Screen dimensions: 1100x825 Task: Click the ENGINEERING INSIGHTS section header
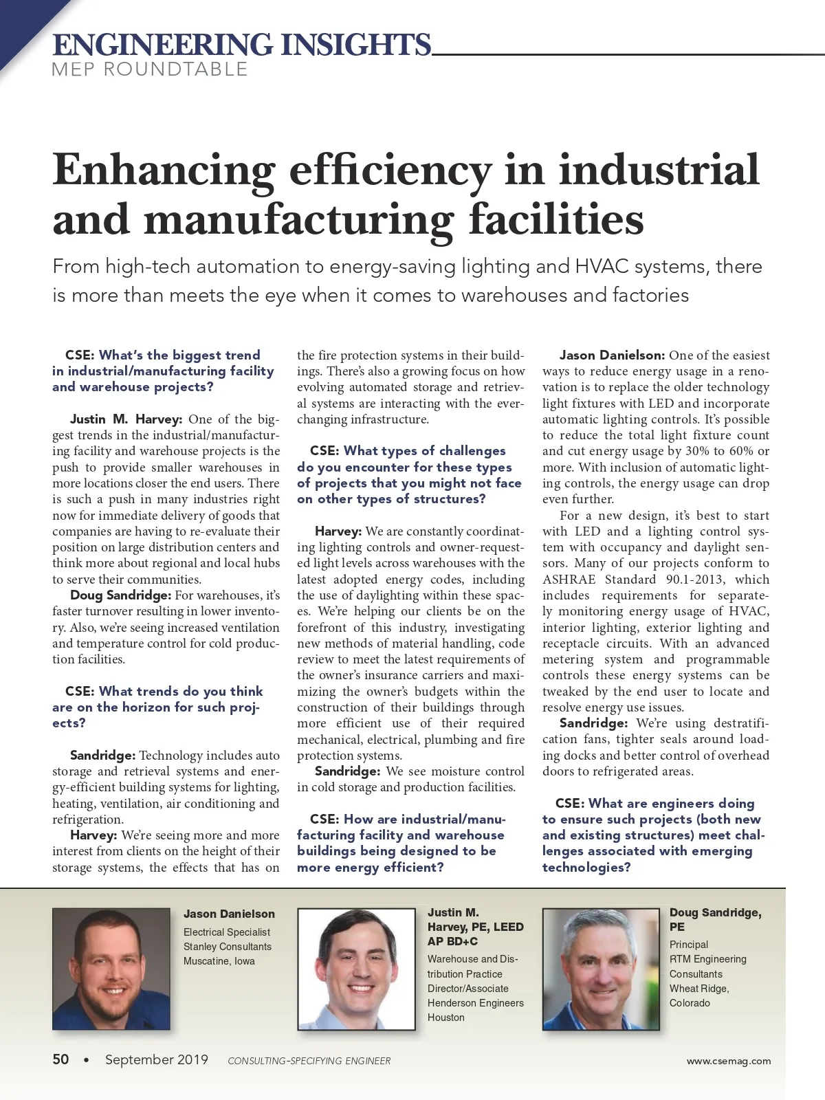[x=241, y=45]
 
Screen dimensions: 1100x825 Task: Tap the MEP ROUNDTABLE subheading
[x=149, y=69]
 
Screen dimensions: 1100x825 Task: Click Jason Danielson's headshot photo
[x=111, y=969]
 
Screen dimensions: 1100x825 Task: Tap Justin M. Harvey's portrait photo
[x=356, y=969]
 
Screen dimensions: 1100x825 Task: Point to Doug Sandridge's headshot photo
[x=601, y=969]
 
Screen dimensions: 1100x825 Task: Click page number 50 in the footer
[x=60, y=1059]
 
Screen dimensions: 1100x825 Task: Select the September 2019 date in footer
[x=156, y=1059]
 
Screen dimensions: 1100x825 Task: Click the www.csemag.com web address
[x=728, y=1061]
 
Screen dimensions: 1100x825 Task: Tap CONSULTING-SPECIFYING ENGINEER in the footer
[x=309, y=1061]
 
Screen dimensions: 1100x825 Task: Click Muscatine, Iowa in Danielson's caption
[x=219, y=961]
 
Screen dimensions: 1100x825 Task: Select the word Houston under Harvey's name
[x=445, y=1017]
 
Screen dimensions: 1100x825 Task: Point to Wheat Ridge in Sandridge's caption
[x=698, y=989]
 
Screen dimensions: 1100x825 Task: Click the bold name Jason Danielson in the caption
[x=229, y=914]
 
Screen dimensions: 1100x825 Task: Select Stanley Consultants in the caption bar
[x=227, y=947]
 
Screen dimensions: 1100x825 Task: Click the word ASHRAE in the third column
[x=569, y=580]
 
